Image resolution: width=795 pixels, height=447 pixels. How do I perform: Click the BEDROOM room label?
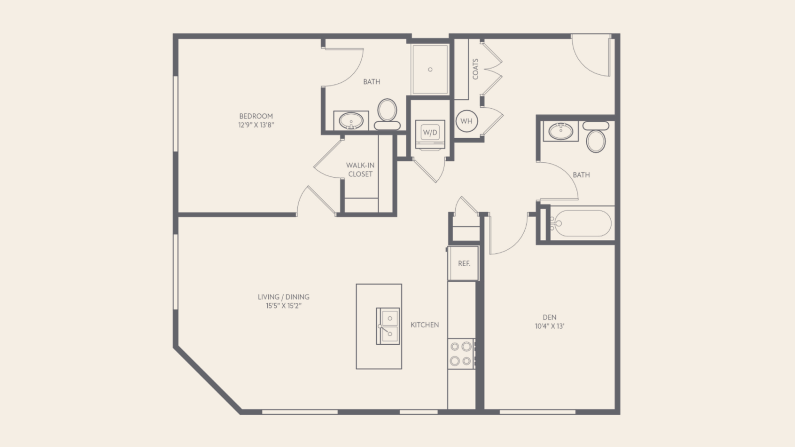coord(256,116)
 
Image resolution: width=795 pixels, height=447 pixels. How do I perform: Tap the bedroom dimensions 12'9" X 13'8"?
coord(256,125)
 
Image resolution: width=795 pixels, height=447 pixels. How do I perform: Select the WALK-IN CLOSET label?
coord(360,169)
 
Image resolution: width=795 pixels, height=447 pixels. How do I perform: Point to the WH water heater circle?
coord(467,121)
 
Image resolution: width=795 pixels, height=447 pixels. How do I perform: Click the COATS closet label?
coord(475,69)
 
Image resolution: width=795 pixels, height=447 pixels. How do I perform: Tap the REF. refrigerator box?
coord(464,263)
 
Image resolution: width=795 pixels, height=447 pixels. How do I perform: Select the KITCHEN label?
coord(425,325)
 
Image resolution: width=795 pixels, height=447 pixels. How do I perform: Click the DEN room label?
coord(550,317)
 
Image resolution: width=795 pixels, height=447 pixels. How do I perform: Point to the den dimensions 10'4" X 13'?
coord(550,326)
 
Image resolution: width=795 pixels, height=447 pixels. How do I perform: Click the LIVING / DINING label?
coord(284,297)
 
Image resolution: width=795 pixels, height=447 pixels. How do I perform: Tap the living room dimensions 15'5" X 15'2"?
coord(284,306)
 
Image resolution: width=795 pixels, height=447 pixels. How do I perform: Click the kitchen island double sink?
coord(388,326)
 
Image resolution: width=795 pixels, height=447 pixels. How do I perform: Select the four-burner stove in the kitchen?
coord(461,354)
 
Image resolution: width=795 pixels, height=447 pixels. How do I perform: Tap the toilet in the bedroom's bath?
coord(387,114)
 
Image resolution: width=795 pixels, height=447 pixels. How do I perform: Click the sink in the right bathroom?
coord(561,131)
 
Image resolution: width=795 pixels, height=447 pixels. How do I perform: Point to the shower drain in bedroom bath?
coord(430,70)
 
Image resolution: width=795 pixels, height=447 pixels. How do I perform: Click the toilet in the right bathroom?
coord(596,137)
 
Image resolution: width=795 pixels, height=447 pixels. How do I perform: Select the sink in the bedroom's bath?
coord(351,121)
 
